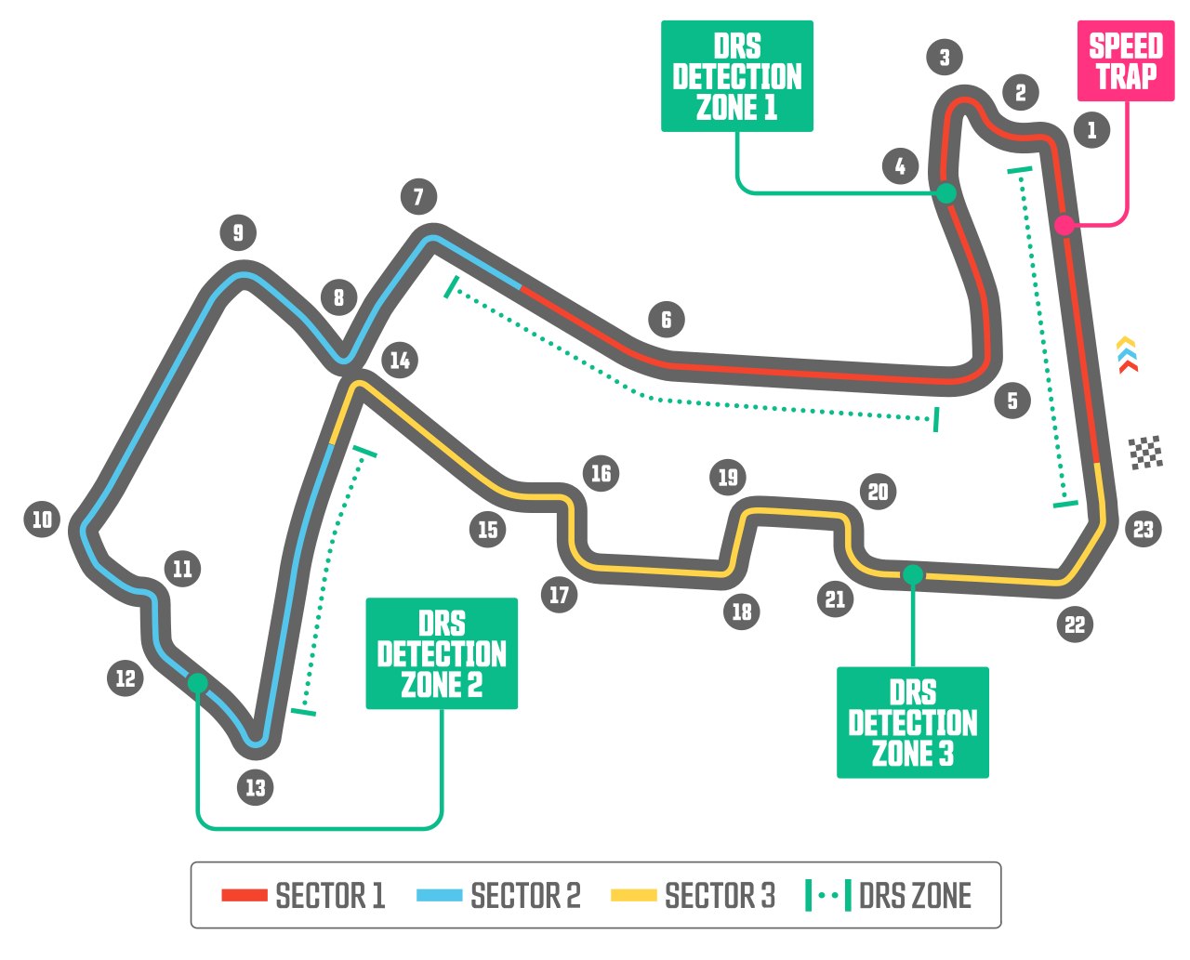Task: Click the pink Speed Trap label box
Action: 1125,61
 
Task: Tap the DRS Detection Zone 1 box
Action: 737,76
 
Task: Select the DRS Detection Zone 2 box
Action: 442,653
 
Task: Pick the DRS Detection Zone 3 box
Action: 912,722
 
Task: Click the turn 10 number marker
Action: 42,519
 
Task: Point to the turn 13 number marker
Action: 256,787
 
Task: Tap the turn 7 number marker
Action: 418,196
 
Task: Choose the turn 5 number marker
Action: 1012,401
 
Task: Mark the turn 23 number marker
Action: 1144,528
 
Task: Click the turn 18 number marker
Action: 741,612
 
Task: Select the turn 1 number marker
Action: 1091,130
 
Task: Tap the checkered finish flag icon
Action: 1145,453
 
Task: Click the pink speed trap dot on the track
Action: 1064,226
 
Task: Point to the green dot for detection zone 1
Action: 945,193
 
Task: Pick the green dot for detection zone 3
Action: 913,574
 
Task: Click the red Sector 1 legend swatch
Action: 245,895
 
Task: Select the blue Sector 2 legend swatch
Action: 439,895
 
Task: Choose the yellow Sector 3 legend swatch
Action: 633,895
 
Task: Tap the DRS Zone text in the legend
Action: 915,895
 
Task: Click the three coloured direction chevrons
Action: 1127,355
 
